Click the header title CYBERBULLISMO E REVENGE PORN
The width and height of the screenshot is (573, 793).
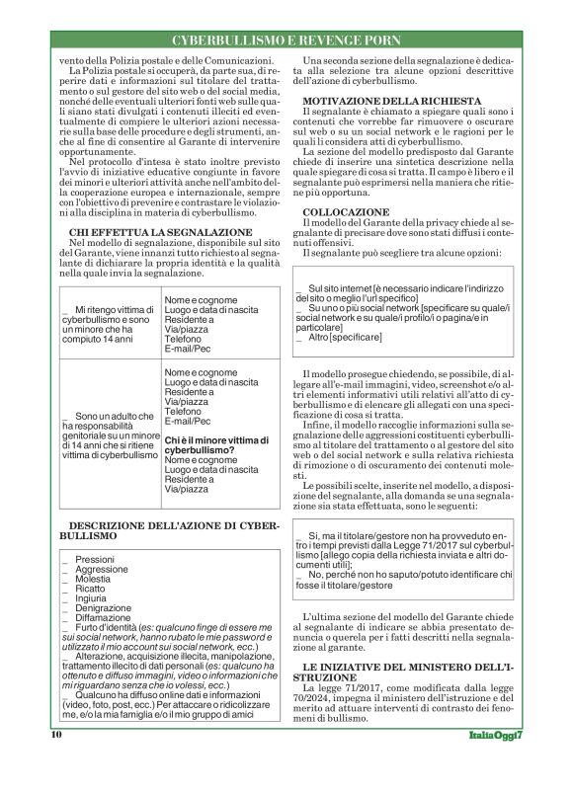[287, 40]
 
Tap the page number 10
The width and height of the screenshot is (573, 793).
[56, 762]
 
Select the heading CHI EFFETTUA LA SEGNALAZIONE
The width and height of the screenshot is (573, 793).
[147, 259]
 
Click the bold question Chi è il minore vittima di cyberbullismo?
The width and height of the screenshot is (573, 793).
[214, 443]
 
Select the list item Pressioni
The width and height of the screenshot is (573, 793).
[95, 559]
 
